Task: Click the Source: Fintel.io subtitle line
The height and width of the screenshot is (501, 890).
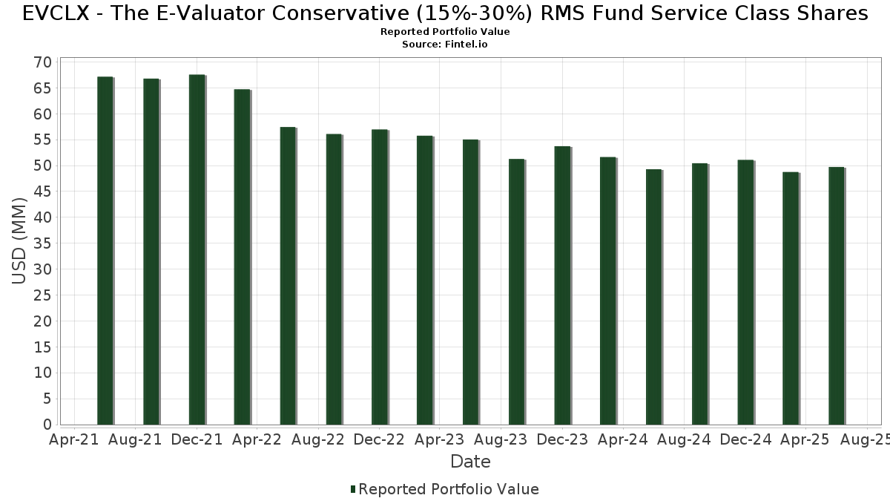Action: [445, 45]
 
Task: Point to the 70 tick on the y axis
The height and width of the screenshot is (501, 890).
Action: [42, 62]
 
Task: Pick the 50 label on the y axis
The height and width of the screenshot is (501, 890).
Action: [42, 166]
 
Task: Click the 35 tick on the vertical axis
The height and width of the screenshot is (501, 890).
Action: [42, 243]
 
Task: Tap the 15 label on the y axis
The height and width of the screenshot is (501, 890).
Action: [42, 347]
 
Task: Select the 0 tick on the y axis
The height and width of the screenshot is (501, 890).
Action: [47, 425]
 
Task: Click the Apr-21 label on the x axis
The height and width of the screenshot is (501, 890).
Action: [73, 440]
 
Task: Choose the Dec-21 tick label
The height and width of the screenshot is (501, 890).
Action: [196, 440]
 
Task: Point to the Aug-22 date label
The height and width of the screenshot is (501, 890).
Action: [318, 440]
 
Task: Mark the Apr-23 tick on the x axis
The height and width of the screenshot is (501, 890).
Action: [441, 440]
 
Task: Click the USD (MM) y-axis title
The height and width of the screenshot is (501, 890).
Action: [20, 240]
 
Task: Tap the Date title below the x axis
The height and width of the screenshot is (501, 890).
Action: [470, 462]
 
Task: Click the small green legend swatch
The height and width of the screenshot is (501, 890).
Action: [353, 489]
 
